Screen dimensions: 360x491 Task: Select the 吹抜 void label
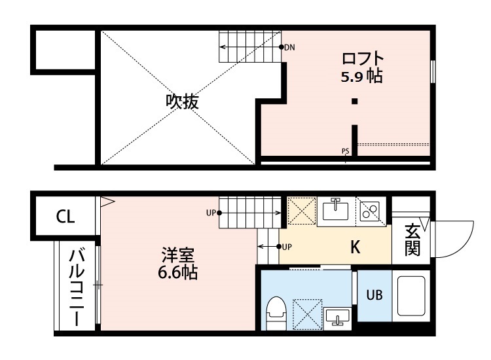(x=181, y=101)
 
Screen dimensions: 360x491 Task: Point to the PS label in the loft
(x=345, y=151)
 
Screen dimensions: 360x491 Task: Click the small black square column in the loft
(x=354, y=101)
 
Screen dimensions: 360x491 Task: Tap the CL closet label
(x=65, y=217)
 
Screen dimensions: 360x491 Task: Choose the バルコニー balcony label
(x=76, y=287)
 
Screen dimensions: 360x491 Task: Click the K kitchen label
(x=355, y=248)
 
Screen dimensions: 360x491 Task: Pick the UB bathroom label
(x=374, y=295)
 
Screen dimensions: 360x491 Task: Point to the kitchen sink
(x=336, y=211)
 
